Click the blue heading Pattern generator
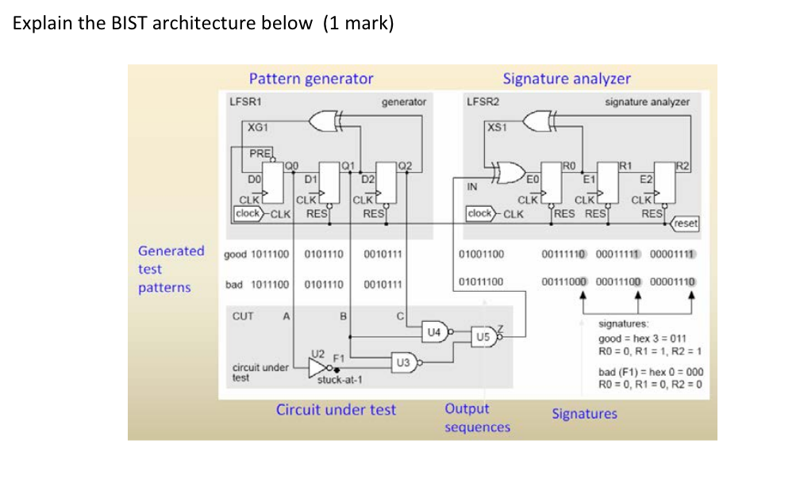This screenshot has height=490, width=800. (310, 78)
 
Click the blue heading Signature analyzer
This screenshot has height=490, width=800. (567, 78)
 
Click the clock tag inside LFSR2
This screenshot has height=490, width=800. (480, 213)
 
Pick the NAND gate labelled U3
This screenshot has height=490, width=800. (404, 362)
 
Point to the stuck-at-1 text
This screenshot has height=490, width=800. (339, 380)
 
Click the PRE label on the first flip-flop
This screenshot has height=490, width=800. (260, 152)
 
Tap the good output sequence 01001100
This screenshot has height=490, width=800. (482, 255)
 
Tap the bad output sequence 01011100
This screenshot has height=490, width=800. (482, 281)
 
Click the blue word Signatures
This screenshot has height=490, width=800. (584, 413)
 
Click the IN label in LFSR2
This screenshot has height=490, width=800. (471, 188)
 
